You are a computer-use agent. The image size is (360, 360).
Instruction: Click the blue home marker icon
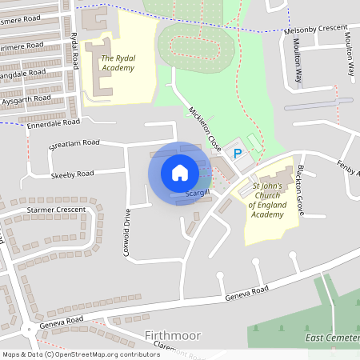coord(180,172)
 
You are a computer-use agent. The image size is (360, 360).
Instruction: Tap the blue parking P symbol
coord(237,152)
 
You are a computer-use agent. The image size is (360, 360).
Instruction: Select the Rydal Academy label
coord(117,62)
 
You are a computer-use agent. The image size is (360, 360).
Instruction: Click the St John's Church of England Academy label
coord(268,200)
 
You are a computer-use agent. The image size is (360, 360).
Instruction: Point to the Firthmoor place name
coord(173,335)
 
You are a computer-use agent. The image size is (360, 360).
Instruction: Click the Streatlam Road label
coord(74,143)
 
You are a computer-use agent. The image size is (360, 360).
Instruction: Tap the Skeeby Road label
coord(71,174)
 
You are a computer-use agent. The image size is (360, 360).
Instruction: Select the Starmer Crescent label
coord(56,210)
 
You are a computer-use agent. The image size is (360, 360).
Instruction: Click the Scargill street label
coord(198,194)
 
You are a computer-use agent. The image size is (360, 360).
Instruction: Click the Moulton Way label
coord(298,61)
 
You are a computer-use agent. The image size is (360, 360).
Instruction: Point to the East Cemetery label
coord(333,338)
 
